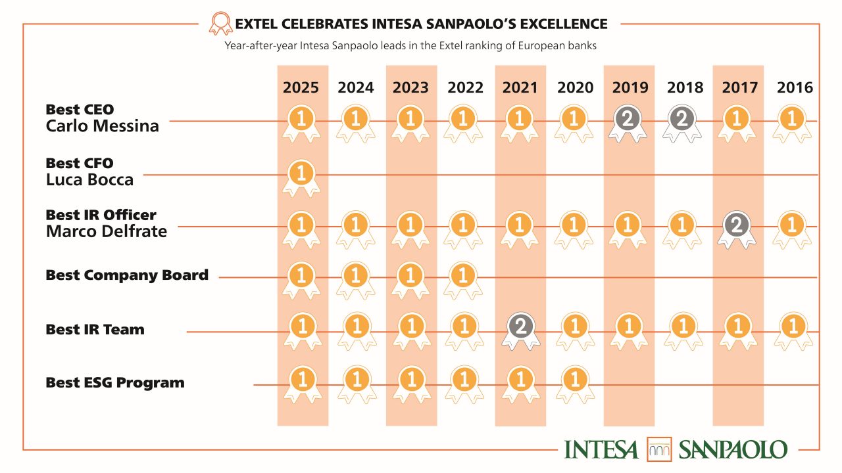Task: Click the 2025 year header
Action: coord(301,87)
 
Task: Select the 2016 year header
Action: coord(795,87)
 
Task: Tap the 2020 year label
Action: coord(575,87)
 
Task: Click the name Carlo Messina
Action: coord(102,126)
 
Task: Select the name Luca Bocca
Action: coord(89,180)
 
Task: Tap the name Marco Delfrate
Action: coord(106,231)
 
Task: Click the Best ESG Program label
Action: coord(115,382)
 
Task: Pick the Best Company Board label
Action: coord(127,275)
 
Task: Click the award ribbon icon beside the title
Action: coord(220,24)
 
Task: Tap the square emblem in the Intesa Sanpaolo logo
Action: coord(658,449)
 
